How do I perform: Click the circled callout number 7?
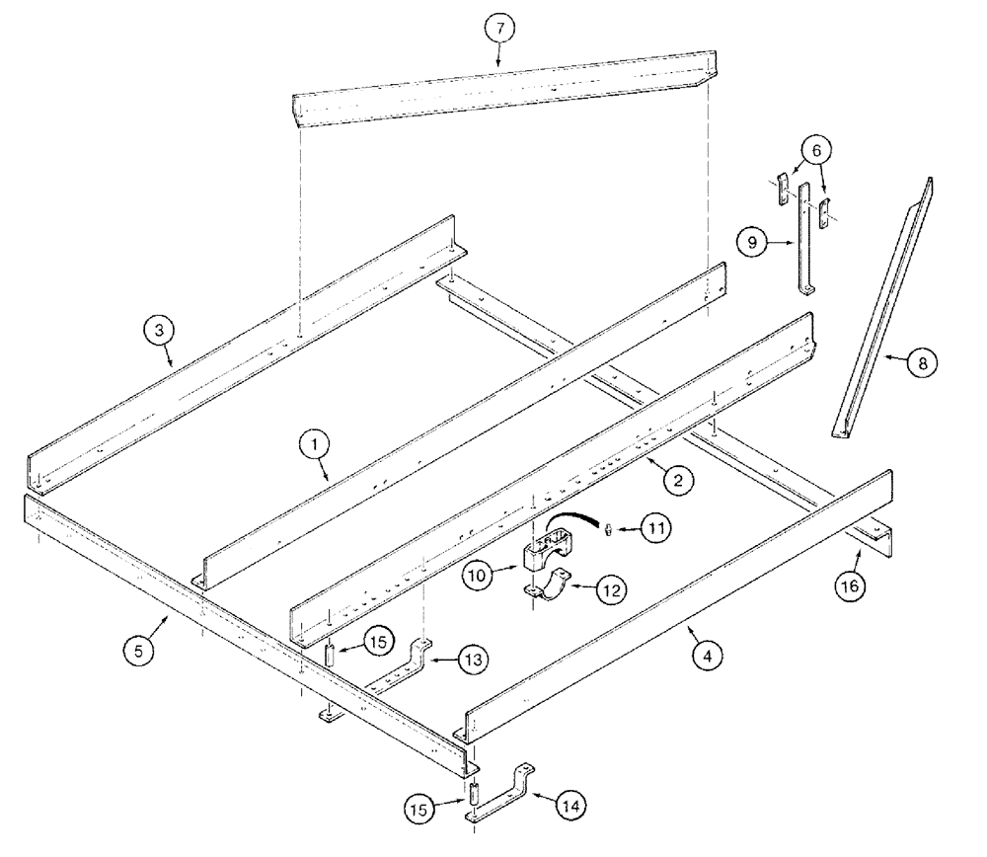click(499, 28)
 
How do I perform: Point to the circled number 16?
click(851, 584)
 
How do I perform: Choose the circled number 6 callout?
click(814, 150)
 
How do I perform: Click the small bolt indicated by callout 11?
click(610, 530)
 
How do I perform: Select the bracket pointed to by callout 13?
click(405, 668)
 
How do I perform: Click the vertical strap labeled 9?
click(804, 237)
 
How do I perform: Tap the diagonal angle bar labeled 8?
click(875, 316)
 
